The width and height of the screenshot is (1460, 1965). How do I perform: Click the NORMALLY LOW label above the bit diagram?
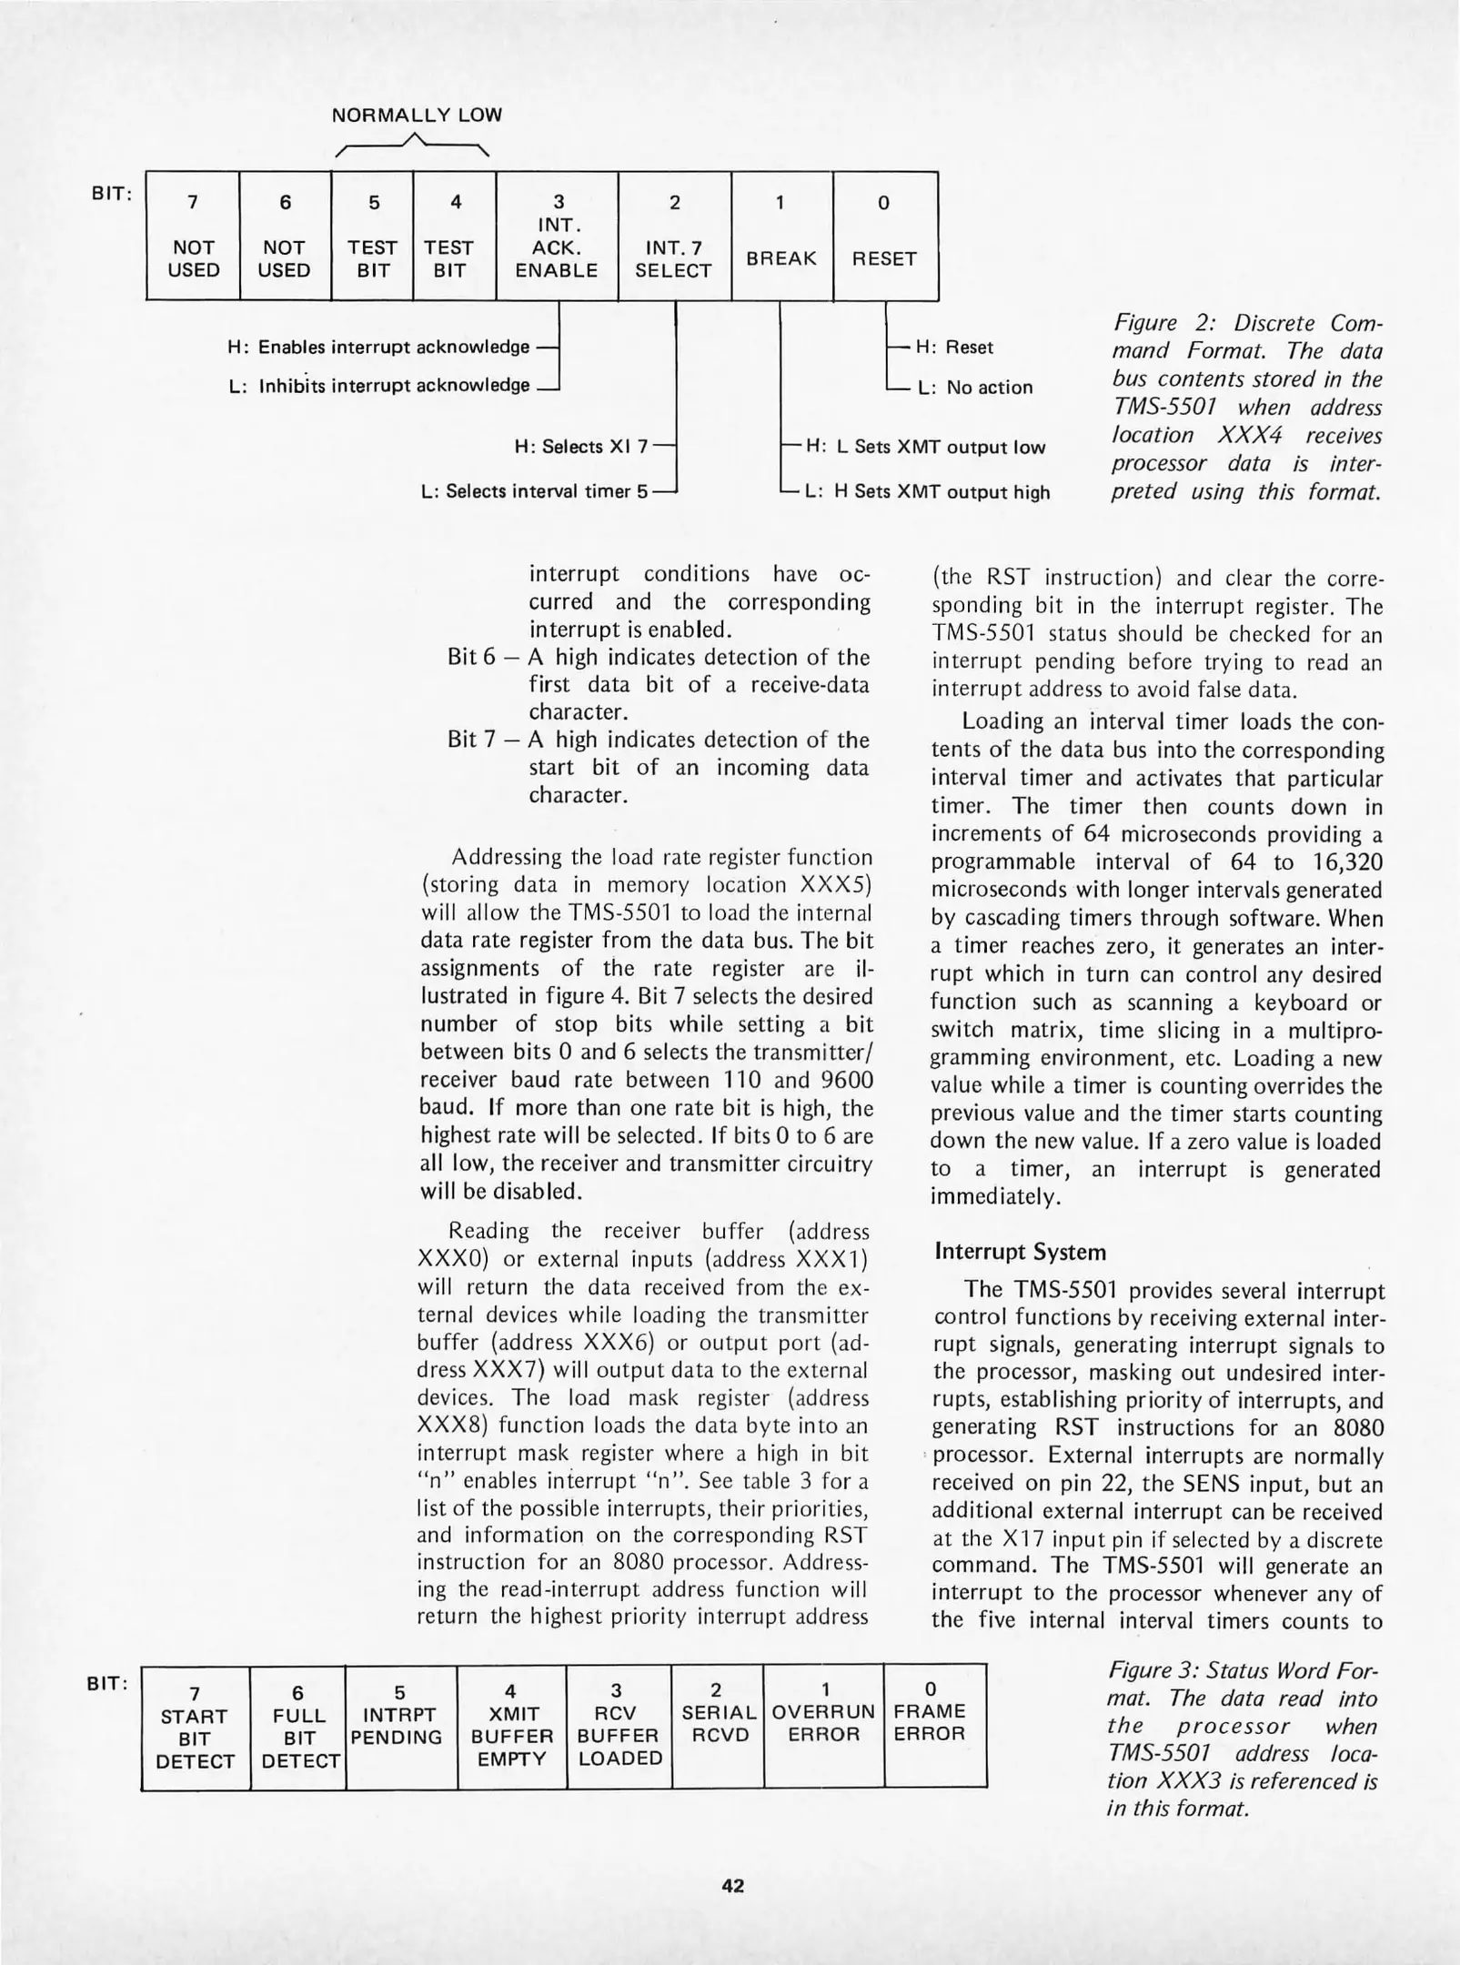coord(416,116)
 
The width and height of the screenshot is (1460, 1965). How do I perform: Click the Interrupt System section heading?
coord(1020,1252)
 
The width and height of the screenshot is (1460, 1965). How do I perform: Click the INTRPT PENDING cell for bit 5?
coord(400,1725)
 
